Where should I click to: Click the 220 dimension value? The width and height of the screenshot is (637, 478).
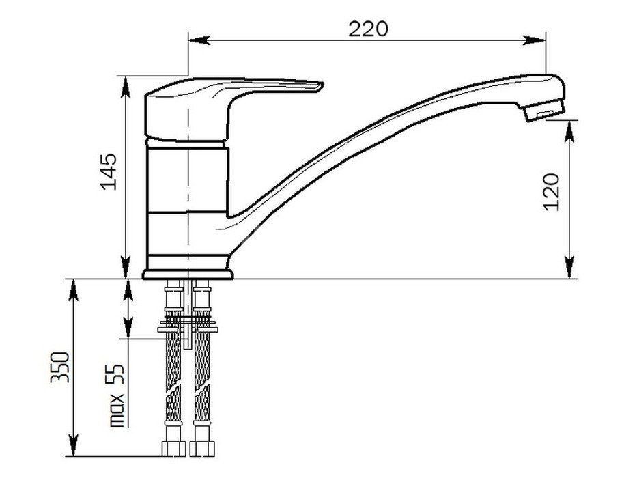(368, 29)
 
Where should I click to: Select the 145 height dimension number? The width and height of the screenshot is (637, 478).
(109, 171)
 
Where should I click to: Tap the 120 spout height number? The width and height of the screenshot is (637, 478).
(551, 192)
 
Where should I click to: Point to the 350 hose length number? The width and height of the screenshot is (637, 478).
(60, 367)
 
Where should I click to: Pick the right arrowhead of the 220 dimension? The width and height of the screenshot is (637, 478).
(534, 40)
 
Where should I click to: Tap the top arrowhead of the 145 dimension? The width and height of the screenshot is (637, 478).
(126, 87)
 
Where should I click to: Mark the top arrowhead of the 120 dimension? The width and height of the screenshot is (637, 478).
(569, 132)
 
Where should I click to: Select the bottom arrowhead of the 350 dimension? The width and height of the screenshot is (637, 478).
(73, 445)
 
